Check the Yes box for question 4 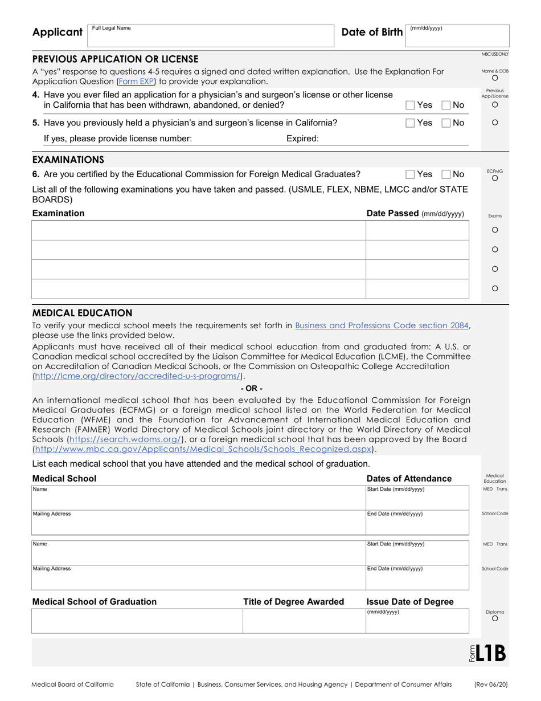410,105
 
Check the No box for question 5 447,123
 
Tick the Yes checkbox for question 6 410,174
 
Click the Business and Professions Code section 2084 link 382,325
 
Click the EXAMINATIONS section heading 68,160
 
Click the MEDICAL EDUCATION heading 82,313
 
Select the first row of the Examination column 198,230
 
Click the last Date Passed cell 417,289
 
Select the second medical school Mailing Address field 198,577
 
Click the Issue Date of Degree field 417,621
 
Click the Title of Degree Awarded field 304,621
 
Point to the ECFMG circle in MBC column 495,178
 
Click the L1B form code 490,653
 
